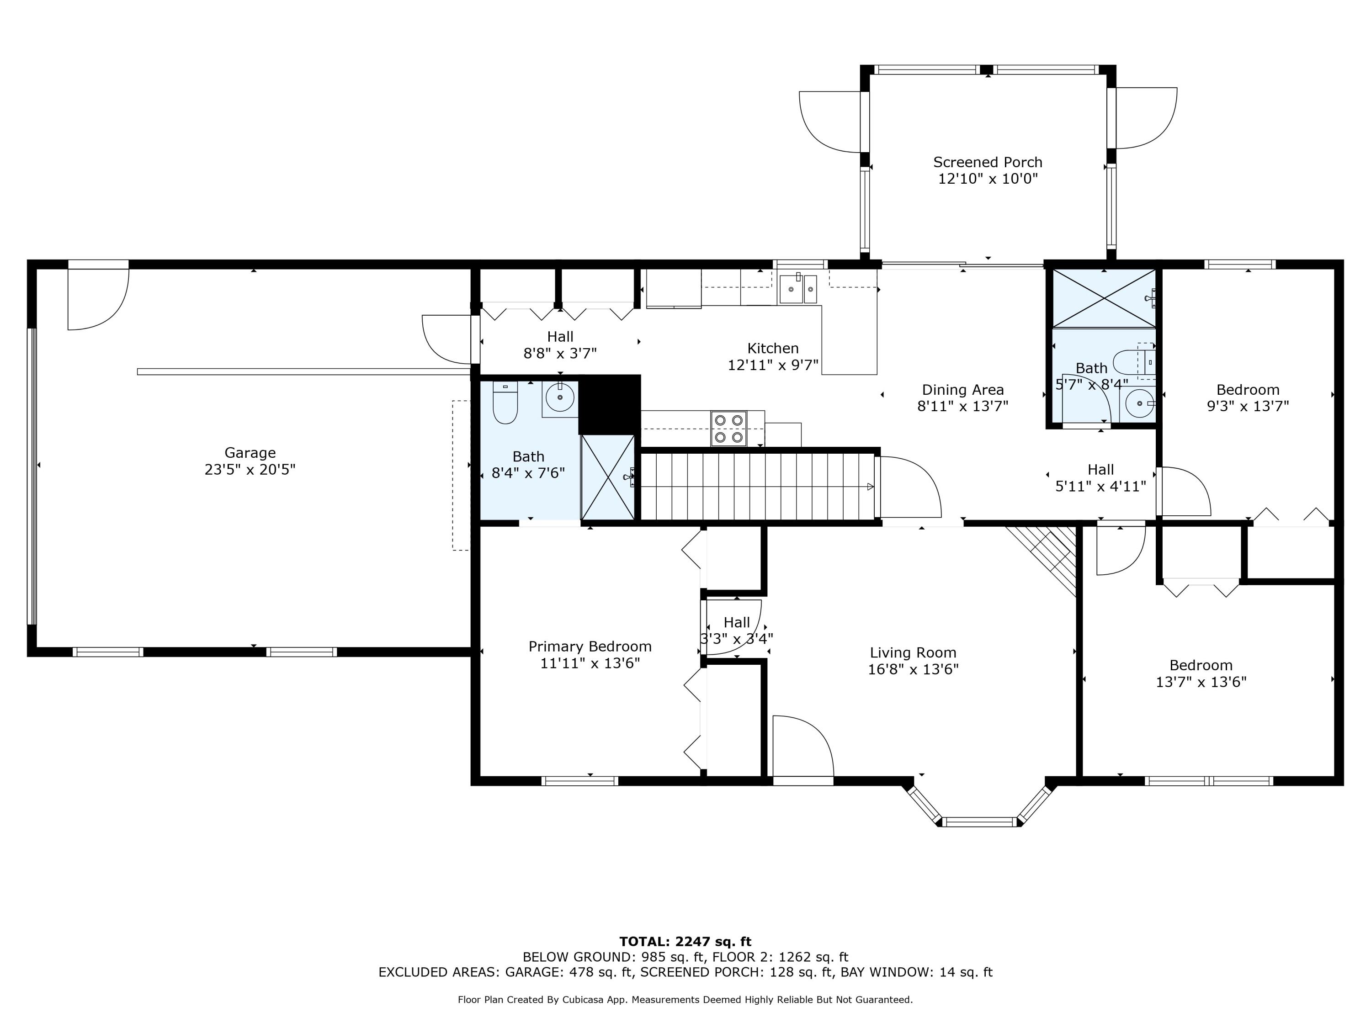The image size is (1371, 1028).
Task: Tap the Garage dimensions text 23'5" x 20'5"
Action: (x=250, y=470)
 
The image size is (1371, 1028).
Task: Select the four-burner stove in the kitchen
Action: (x=728, y=428)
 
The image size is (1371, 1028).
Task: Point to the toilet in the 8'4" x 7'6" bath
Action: (x=505, y=403)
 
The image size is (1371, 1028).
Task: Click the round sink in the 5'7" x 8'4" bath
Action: (x=1139, y=404)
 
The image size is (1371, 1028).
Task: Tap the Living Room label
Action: (x=913, y=652)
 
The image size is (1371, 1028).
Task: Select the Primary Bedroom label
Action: (x=590, y=646)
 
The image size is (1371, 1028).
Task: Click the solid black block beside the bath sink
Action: (x=609, y=404)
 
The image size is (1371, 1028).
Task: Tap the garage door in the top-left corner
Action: (x=98, y=297)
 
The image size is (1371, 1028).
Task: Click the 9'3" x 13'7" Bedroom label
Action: (x=1248, y=390)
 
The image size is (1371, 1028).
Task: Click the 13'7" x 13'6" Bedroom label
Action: (x=1201, y=666)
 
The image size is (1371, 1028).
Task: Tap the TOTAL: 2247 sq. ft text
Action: (x=685, y=942)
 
